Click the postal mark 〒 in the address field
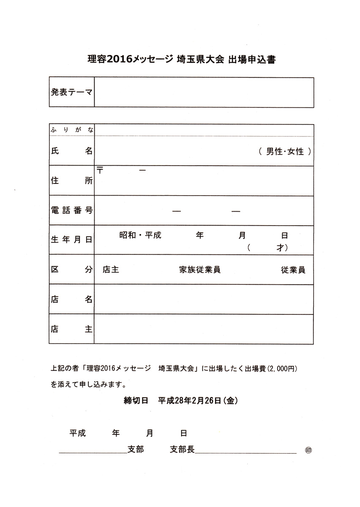pos(101,170)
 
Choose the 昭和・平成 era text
pos(140,235)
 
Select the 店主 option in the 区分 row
pos(110,270)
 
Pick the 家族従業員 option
pos(200,270)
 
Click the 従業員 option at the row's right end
pos(293,270)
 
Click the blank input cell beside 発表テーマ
pos(204,92)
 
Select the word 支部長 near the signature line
pos(182,450)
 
